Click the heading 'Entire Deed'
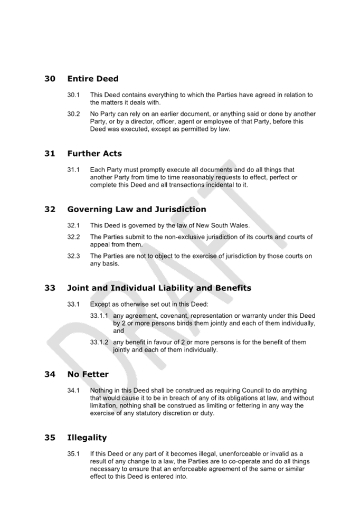pyautogui.click(x=93, y=79)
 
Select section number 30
pyautogui.click(x=50, y=79)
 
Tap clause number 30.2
pyautogui.click(x=73, y=114)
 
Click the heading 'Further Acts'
pyautogui.click(x=94, y=154)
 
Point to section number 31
pyautogui.click(x=50, y=154)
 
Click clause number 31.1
pyautogui.click(x=73, y=170)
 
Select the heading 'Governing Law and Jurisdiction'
pyautogui.click(x=137, y=209)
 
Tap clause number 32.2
pyautogui.click(x=73, y=237)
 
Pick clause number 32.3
pyautogui.click(x=73, y=256)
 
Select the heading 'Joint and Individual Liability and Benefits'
pyautogui.click(x=159, y=288)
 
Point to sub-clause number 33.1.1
pyautogui.click(x=99, y=316)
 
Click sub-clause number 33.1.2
pyautogui.click(x=99, y=342)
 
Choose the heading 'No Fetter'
pyautogui.click(x=88, y=374)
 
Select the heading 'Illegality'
pyautogui.click(x=87, y=438)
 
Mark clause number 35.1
pyautogui.click(x=73, y=454)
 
